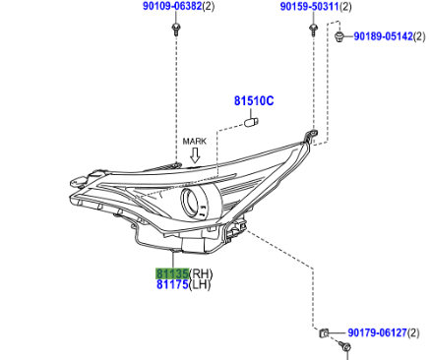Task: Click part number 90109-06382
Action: [172, 6]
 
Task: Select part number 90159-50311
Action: [309, 6]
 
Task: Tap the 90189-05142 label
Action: [383, 36]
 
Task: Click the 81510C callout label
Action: [254, 101]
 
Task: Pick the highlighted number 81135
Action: [172, 273]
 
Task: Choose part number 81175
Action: [172, 284]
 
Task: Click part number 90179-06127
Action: [377, 333]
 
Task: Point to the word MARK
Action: [195, 142]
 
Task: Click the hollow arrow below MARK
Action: [195, 155]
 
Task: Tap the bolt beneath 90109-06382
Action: [176, 29]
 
